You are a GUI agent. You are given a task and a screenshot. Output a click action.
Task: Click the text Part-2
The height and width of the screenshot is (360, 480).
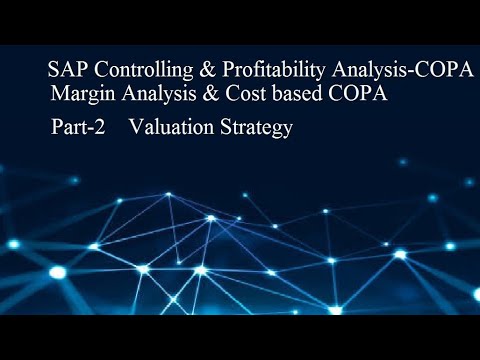[x=78, y=129]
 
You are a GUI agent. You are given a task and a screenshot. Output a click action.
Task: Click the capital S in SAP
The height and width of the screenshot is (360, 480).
[x=54, y=72]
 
